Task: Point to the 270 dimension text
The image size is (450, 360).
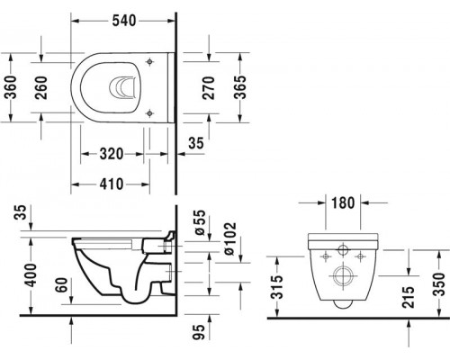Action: (x=209, y=87)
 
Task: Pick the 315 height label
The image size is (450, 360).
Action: (x=282, y=289)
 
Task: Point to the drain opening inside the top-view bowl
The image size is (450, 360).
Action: (x=122, y=87)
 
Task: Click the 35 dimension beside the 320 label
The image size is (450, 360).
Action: (x=193, y=142)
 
